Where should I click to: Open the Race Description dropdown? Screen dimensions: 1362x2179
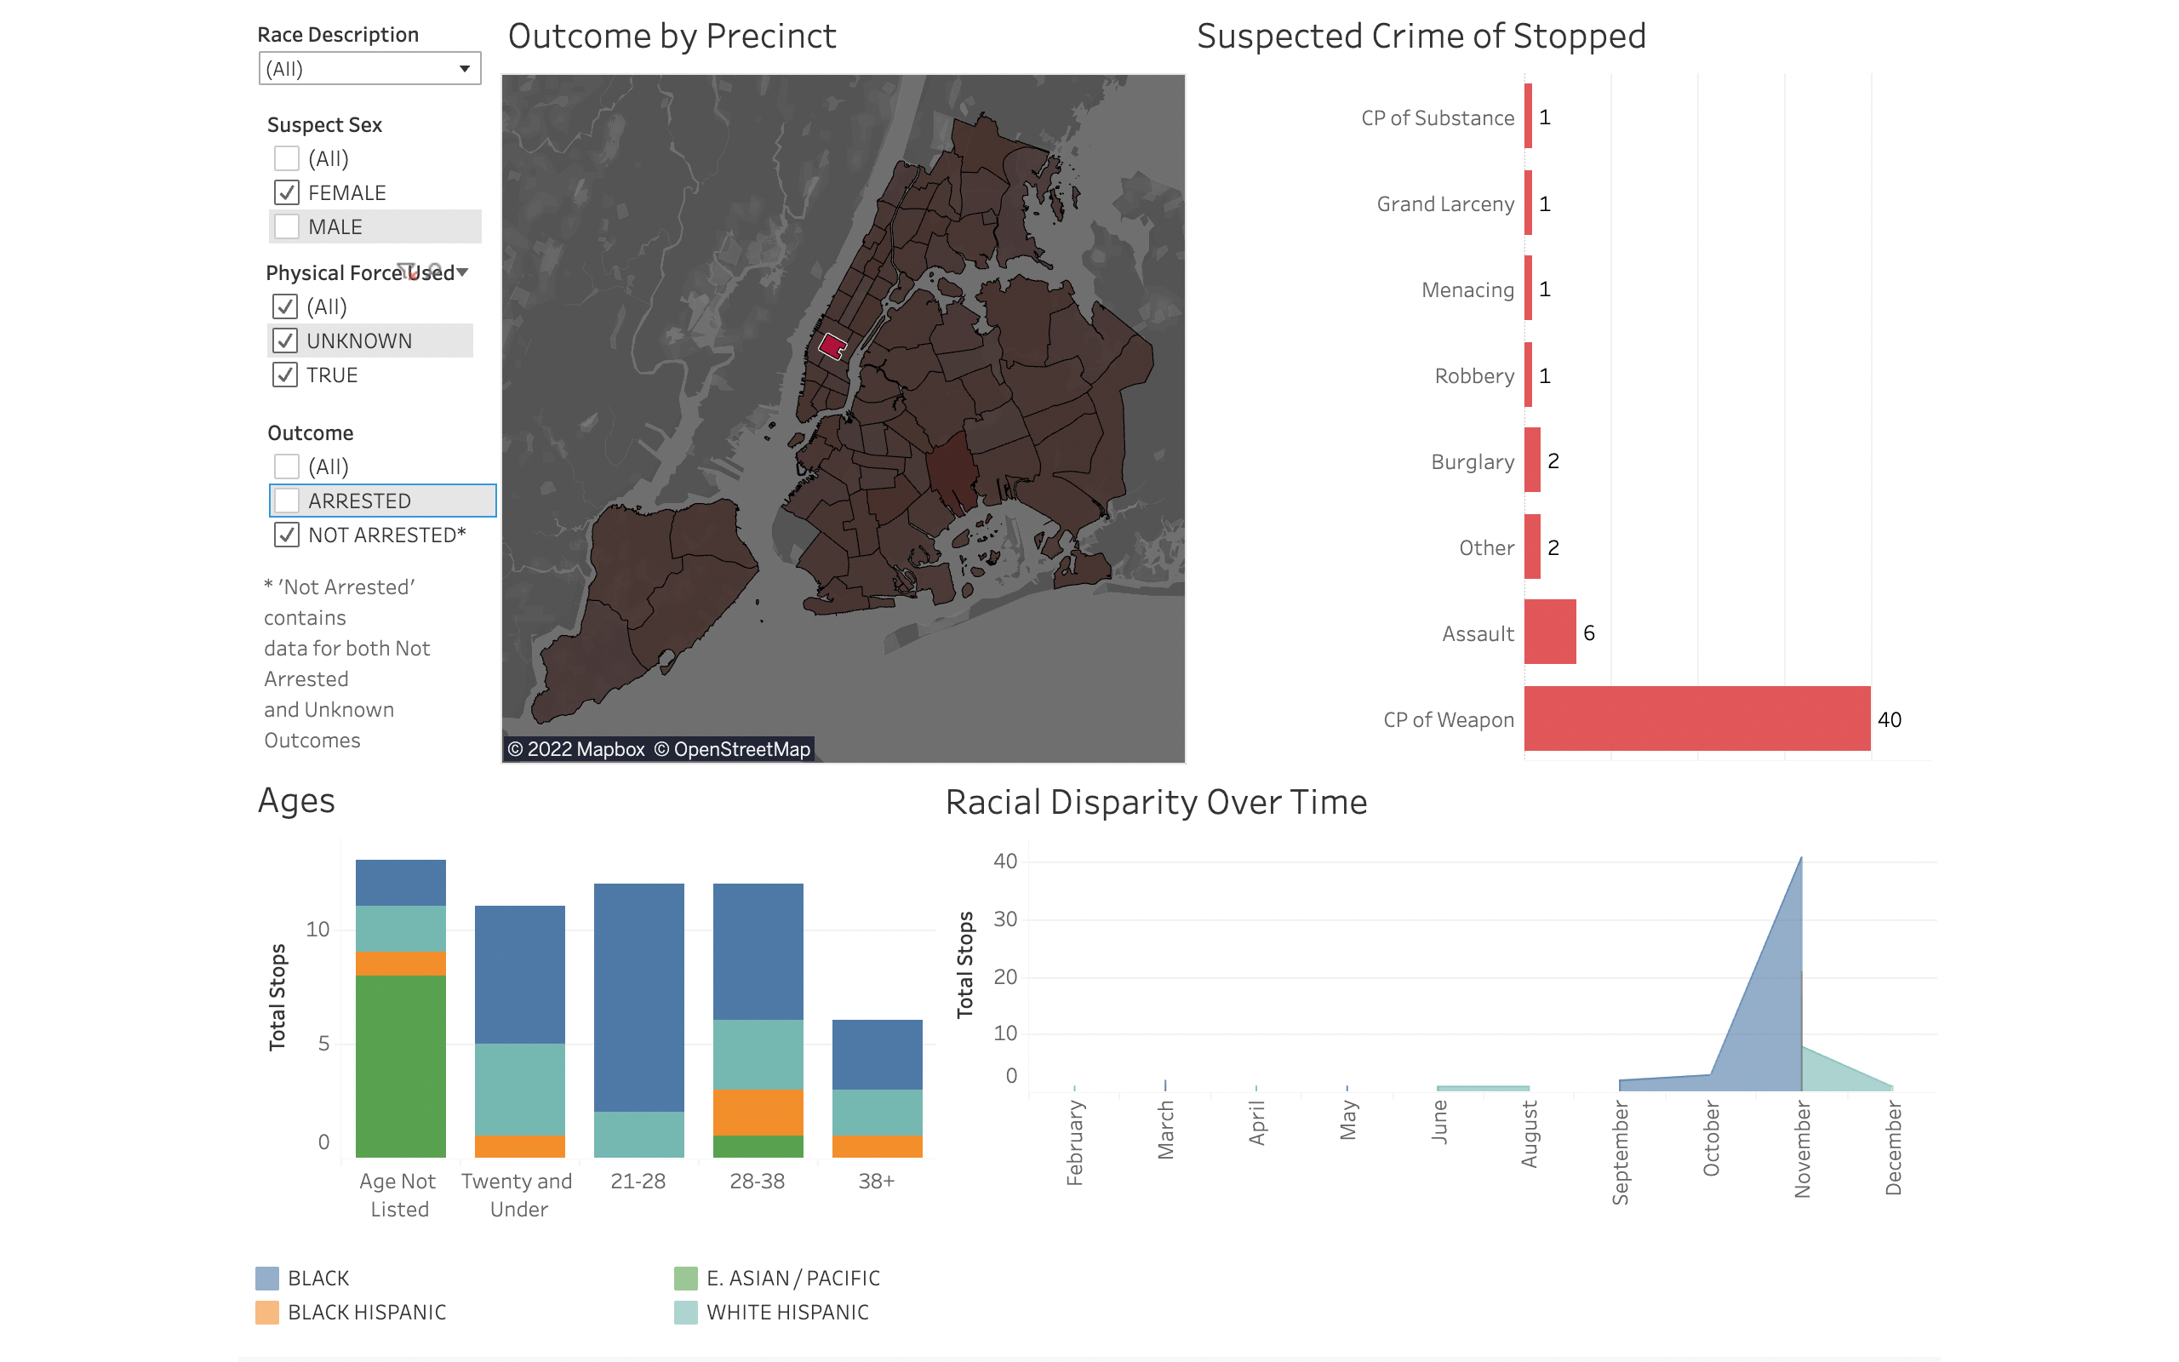coord(369,68)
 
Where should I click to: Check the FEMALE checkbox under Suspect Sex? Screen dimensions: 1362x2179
coord(286,192)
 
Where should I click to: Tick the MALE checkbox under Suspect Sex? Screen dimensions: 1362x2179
coord(286,227)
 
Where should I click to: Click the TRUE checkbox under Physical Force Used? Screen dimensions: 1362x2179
coord(284,375)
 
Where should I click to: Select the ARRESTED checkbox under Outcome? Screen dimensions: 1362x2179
coord(286,501)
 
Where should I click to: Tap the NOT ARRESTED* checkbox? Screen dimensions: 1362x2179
coord(286,535)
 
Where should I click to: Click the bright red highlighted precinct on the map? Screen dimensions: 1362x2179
coord(832,346)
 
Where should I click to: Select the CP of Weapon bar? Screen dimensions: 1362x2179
coord(1696,718)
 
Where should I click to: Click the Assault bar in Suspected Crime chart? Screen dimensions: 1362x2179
coord(1550,632)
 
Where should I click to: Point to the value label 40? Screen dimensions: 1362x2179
coord(1889,720)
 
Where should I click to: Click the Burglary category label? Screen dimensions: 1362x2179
coord(1473,462)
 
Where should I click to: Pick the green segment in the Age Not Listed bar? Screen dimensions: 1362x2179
coord(401,1066)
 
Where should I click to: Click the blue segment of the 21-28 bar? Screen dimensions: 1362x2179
coord(638,997)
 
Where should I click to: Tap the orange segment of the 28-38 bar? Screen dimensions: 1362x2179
coord(758,1113)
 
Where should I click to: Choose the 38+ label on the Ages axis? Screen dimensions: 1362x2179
coord(876,1181)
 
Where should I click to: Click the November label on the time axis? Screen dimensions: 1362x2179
coord(1802,1150)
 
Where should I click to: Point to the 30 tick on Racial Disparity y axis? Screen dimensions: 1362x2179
coord(1005,919)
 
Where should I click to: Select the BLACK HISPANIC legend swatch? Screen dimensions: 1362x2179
coord(267,1313)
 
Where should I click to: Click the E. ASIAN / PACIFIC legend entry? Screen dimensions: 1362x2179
coord(792,1279)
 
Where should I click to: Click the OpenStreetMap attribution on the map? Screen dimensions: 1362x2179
coord(732,749)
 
